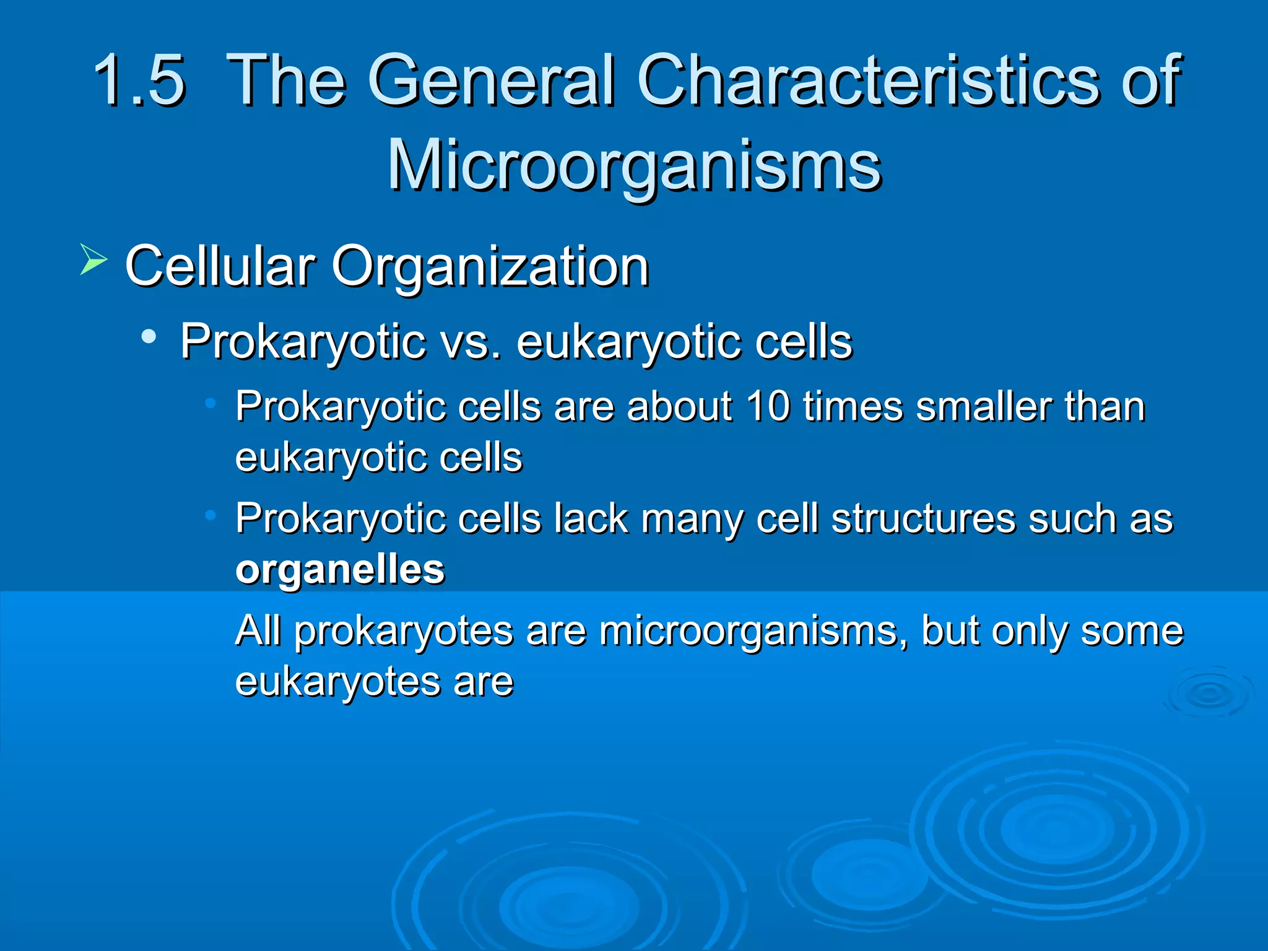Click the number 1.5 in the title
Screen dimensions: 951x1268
[139, 80]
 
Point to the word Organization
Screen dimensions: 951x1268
[490, 267]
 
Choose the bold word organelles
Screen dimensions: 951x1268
[340, 570]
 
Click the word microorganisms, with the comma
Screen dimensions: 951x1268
[752, 632]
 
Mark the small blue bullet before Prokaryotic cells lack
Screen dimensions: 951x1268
[211, 515]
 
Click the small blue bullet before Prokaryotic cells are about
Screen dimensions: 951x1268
[211, 404]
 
